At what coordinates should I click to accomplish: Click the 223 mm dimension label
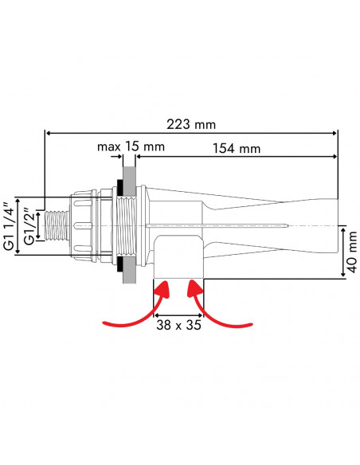[194, 124]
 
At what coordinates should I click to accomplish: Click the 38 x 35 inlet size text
[178, 326]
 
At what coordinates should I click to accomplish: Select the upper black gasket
[119, 187]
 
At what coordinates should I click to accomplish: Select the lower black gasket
[119, 264]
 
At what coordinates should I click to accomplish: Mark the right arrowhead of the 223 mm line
[336, 134]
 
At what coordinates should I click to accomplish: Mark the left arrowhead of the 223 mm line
[48, 134]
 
